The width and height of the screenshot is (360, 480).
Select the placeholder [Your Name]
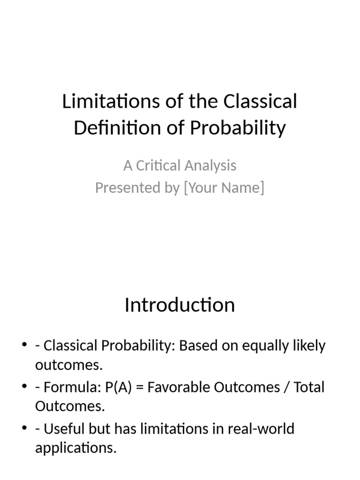click(224, 187)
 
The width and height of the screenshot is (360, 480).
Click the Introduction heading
click(180, 305)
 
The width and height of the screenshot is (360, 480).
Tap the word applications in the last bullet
click(75, 448)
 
